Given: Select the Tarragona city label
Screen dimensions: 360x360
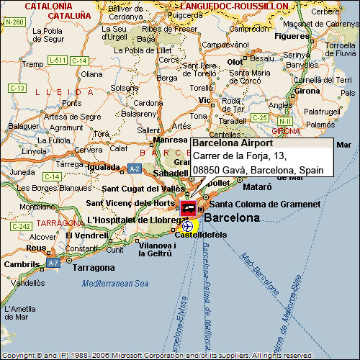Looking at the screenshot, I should click(93, 268).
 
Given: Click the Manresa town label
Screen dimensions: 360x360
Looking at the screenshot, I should click(171, 140).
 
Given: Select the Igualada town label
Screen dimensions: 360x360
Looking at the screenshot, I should click(104, 167).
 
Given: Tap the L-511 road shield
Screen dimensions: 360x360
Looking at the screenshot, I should click(59, 59).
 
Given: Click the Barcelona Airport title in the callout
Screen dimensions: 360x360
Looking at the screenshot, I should click(228, 143).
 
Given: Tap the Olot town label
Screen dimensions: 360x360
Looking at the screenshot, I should click(235, 62).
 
